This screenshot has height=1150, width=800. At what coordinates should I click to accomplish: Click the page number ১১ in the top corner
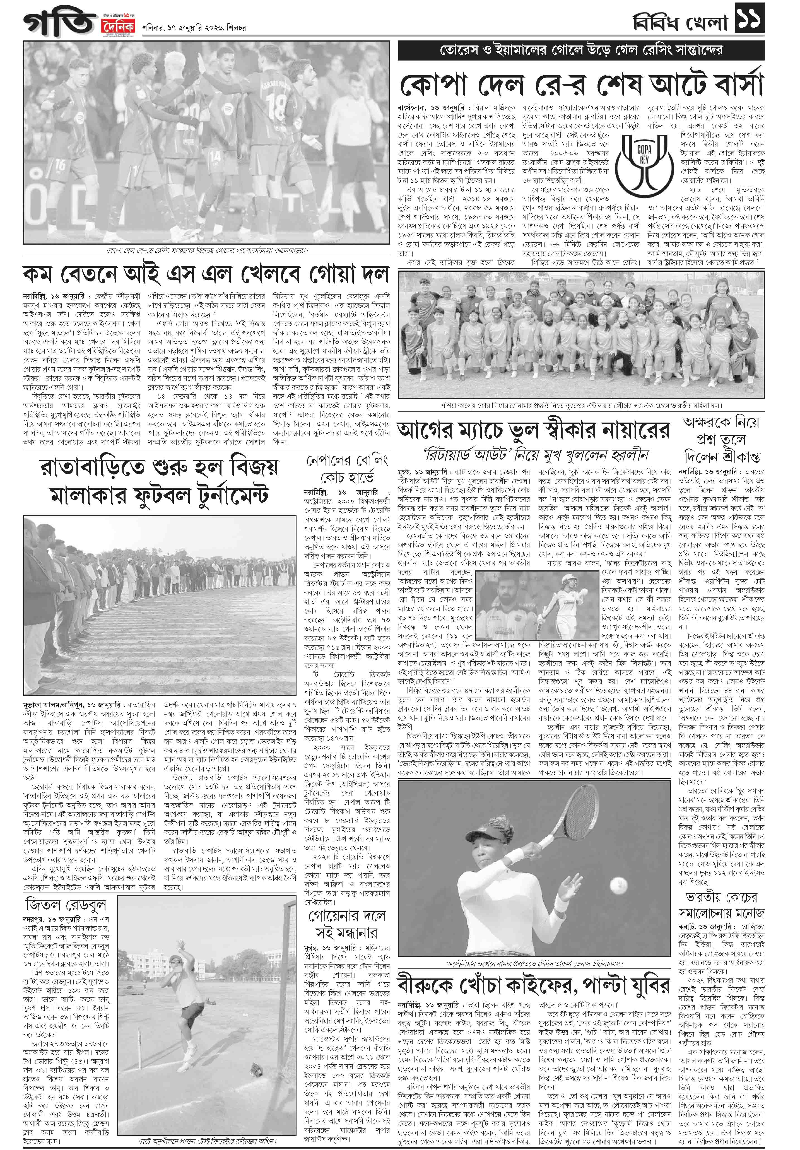[x=750, y=18]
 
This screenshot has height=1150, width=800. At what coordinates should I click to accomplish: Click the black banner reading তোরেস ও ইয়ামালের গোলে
[x=581, y=50]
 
